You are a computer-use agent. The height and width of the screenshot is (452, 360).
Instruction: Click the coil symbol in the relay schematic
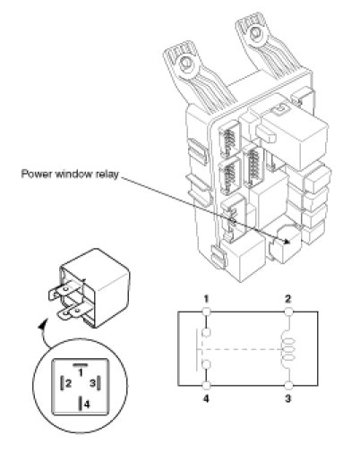coord(288,349)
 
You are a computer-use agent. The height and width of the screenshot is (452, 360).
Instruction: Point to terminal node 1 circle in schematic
coord(206,312)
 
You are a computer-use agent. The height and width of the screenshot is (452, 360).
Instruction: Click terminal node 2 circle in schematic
coord(288,312)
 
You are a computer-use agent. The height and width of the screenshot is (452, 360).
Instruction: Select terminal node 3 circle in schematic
coord(288,386)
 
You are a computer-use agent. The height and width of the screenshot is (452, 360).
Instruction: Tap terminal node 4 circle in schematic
coord(206,386)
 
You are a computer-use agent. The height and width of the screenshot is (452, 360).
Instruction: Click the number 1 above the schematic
coord(206,299)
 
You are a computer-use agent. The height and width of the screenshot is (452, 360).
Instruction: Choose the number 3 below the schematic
coord(288,399)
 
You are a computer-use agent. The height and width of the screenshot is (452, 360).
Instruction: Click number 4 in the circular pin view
coord(87,405)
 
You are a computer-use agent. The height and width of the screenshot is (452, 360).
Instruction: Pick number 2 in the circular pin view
coord(68,383)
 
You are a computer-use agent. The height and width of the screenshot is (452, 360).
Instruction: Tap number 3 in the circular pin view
coord(92,383)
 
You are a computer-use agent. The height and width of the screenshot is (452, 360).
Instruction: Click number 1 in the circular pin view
coord(81,373)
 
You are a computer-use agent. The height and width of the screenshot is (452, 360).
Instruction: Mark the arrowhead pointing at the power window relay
coord(287,241)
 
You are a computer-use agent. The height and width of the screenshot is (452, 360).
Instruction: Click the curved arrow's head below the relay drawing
coord(44,323)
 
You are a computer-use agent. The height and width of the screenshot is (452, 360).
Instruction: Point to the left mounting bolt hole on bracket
coord(187,63)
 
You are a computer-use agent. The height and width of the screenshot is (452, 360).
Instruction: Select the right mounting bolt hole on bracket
coord(256,33)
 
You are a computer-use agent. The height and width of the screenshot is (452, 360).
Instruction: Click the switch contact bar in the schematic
coord(198,350)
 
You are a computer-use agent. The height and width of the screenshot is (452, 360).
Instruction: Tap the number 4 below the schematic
coord(206,399)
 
